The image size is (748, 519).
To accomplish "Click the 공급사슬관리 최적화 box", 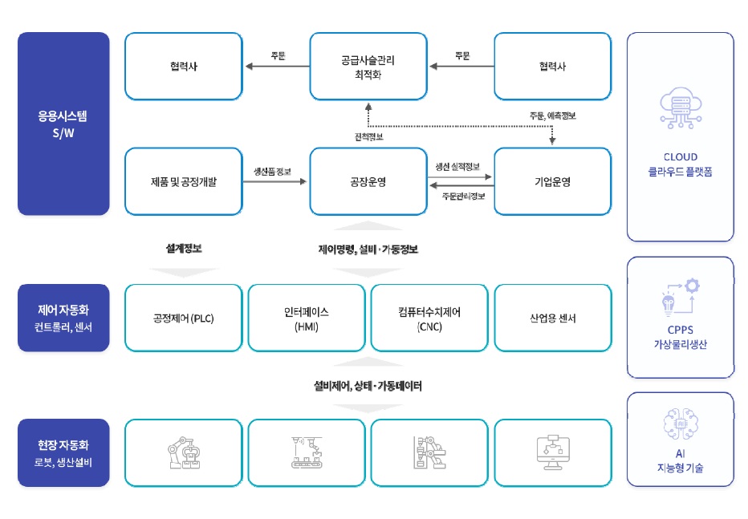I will point(368,66).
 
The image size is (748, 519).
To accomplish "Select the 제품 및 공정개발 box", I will point(184,181).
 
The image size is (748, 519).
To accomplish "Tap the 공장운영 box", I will point(368,181).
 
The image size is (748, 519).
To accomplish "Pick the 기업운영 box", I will point(552,181).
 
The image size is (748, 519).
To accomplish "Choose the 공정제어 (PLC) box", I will point(184,318).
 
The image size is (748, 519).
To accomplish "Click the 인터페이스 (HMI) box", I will point(307,318).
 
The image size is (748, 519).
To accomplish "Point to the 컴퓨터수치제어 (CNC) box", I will point(429,318).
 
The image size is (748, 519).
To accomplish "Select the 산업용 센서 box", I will point(552,318).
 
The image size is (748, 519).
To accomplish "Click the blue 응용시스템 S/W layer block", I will point(63,124).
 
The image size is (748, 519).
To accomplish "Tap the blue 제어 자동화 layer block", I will point(63,318).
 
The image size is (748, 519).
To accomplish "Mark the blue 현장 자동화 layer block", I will point(63,452).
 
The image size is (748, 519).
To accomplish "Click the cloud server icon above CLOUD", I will point(680,113).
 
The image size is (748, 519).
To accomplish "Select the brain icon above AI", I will point(680,424).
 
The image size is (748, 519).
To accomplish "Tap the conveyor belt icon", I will point(307,452).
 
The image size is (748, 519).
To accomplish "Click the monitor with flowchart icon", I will point(552,452).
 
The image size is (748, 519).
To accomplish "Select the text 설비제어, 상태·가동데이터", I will point(368,386).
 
